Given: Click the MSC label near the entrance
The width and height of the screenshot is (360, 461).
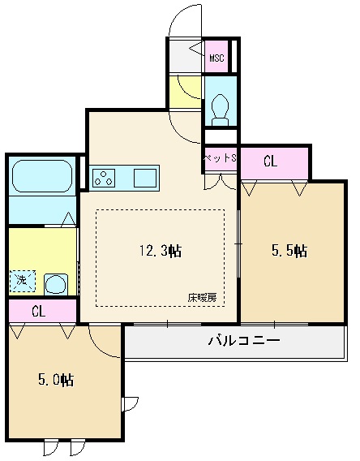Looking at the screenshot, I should pyautogui.click(x=216, y=58).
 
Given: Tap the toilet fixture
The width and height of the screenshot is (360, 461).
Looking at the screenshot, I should pyautogui.click(x=218, y=106).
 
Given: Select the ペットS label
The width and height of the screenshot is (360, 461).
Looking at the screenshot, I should pyautogui.click(x=219, y=157).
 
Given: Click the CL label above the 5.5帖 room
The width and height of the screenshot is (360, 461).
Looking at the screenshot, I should pyautogui.click(x=271, y=162).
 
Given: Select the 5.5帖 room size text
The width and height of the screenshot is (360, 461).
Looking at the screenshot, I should pyautogui.click(x=288, y=251).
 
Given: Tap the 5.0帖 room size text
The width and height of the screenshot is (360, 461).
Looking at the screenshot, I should pyautogui.click(x=56, y=379).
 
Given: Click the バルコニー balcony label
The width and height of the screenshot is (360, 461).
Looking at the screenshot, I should pyautogui.click(x=243, y=340).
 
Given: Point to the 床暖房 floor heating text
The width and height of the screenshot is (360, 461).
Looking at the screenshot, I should pyautogui.click(x=203, y=298).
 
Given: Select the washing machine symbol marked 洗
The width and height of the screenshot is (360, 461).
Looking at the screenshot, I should pyautogui.click(x=19, y=282).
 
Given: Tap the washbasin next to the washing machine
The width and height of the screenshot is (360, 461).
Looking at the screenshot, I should pyautogui.click(x=55, y=284).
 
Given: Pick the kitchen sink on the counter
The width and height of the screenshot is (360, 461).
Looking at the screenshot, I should pyautogui.click(x=145, y=177).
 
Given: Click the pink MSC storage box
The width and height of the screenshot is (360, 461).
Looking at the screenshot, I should pyautogui.click(x=217, y=57).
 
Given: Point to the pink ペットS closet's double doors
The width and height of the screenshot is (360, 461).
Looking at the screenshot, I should pyautogui.click(x=218, y=180).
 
